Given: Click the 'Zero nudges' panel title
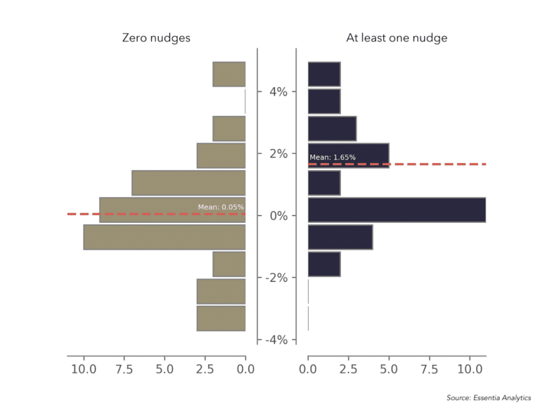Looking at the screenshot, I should coord(156,38).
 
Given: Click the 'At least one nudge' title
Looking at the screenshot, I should coord(397,38).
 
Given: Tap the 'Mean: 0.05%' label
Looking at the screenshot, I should coord(221,207).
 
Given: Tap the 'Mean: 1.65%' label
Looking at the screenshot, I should coord(333,157).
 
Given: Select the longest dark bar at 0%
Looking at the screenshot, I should coord(397,210).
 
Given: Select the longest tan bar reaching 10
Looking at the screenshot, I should coord(165,237).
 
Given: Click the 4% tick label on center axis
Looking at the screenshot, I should coord(277,91).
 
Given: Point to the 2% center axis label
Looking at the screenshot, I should coord(277,153).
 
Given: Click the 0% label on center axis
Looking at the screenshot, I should coord(277,215).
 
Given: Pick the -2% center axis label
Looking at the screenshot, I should coord(276,278).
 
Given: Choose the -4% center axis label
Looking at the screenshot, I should coord(276,340).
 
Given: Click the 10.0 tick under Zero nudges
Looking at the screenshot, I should coord(84,368).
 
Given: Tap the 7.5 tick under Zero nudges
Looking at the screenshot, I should coord(124,368).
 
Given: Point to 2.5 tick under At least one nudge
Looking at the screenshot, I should coord(349,368).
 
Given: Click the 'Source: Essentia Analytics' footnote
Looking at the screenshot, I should coord(488,398).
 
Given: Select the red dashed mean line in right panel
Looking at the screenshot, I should coord(436,164).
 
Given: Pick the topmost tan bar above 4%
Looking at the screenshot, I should coord(229,74).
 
